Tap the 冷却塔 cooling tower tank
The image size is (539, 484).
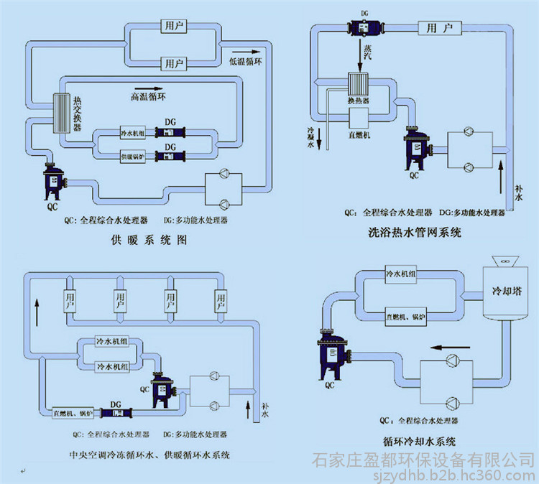[x=503, y=295]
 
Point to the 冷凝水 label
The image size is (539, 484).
[x=310, y=136]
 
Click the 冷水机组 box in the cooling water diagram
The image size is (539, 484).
[x=405, y=275]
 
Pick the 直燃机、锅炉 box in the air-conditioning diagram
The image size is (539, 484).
[x=72, y=412]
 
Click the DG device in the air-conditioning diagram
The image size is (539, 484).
[x=114, y=412]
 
